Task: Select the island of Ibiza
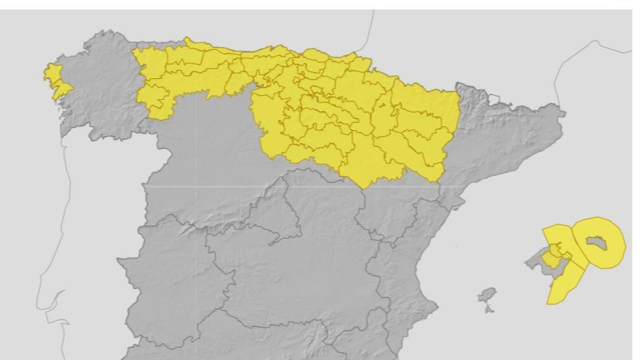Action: [486, 296]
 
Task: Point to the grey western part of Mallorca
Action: [537, 258]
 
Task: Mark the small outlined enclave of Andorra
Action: [495, 100]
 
